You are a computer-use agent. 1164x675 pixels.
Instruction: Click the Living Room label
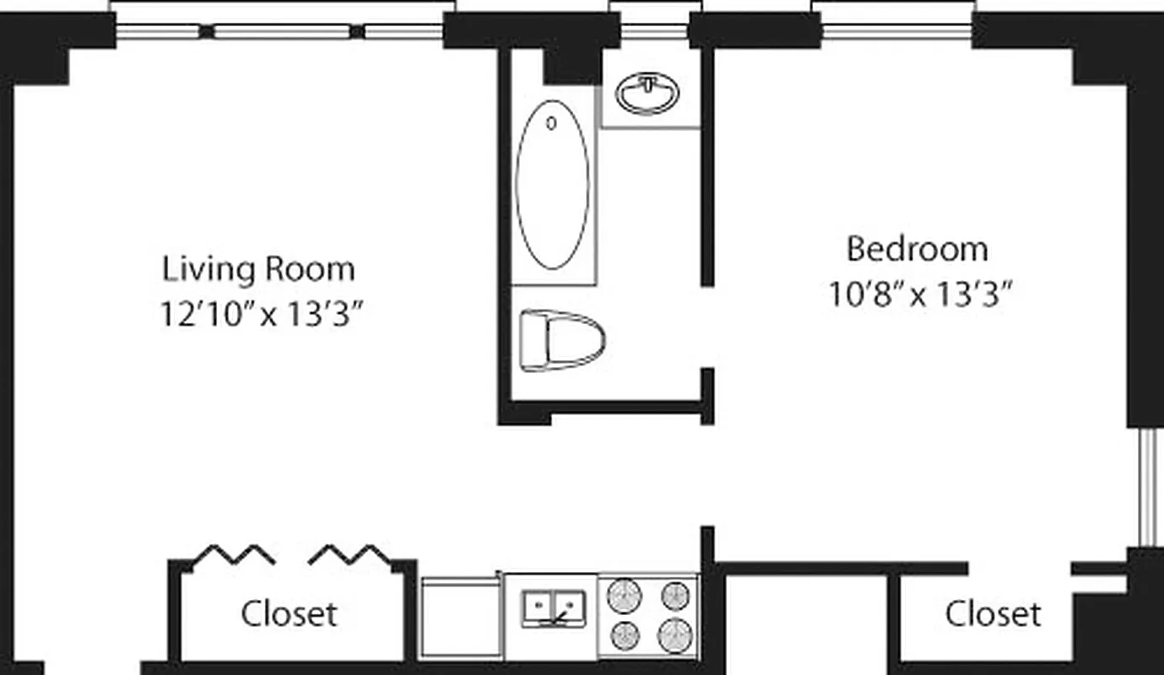[258, 269]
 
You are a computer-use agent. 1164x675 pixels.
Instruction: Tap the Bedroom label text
[917, 249]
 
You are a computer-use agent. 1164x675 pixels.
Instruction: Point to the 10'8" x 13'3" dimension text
[919, 295]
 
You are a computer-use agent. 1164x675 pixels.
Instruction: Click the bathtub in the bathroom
[552, 186]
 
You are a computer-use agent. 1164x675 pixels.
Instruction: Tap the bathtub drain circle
[551, 124]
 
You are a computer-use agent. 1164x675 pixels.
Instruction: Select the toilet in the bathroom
[562, 341]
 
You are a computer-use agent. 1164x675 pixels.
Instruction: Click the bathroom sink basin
[647, 94]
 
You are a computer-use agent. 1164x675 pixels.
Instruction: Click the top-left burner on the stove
[625, 594]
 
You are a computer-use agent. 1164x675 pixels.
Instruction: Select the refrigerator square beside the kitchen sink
[461, 617]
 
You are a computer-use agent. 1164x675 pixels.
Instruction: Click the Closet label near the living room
[289, 613]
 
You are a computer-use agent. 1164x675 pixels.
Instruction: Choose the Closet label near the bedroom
[992, 613]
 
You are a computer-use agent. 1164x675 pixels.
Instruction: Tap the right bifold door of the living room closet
[349, 554]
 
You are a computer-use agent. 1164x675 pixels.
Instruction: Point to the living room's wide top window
[279, 32]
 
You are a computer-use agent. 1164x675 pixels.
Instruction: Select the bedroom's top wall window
[896, 32]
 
